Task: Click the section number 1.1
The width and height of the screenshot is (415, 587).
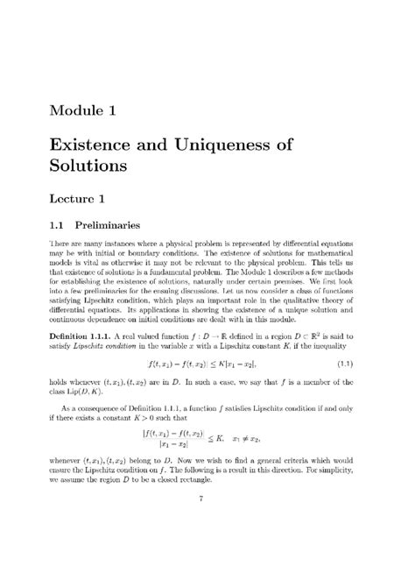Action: point(62,226)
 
